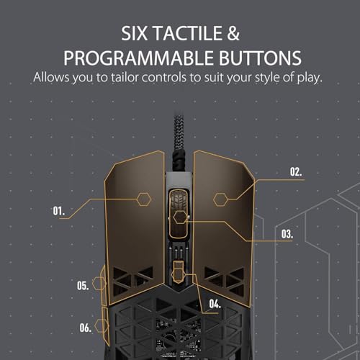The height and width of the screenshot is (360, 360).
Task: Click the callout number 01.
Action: coord(59,211)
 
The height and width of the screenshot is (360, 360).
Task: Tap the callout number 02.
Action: coord(296,172)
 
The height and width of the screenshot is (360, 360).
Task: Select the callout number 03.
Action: coord(287,234)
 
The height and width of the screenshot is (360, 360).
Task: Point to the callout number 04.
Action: coord(215,304)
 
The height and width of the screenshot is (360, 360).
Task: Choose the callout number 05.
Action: coord(83,286)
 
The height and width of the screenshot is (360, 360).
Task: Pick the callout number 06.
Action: coord(86,328)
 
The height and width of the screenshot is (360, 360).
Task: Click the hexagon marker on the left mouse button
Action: coord(144,199)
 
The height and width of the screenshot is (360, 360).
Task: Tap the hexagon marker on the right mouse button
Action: coord(220,199)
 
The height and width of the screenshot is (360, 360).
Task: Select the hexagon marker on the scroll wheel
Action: coord(180,217)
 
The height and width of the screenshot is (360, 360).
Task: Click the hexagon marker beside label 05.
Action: coord(99,284)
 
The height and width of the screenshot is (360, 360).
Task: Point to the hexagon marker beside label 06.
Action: coord(102,326)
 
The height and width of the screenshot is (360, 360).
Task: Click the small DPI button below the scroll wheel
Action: coord(178,271)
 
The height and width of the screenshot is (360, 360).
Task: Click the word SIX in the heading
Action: coord(134,33)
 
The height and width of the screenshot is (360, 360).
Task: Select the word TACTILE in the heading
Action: coord(188,33)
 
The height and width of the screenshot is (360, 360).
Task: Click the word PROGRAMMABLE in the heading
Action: coord(138,58)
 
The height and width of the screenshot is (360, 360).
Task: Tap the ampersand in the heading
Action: coord(233,33)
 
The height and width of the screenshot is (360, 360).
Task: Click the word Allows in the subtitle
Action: coord(51,77)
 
